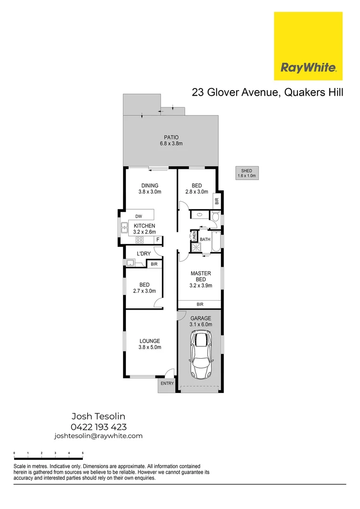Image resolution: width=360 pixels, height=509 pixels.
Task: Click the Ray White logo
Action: (x=308, y=46)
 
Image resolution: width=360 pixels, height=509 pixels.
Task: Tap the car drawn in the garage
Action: (x=201, y=354)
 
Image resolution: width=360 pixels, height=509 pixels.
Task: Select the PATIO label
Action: (x=171, y=137)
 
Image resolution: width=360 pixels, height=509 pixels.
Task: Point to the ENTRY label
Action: (x=167, y=383)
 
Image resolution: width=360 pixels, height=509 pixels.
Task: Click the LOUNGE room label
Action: (x=150, y=341)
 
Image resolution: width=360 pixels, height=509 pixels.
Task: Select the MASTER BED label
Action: (x=201, y=276)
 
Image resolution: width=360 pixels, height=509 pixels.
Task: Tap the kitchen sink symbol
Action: (x=124, y=228)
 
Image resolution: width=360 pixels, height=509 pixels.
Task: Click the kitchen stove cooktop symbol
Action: (x=139, y=240)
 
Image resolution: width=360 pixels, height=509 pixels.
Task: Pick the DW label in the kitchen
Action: (x=139, y=216)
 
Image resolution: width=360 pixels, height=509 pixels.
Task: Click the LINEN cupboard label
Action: (x=193, y=236)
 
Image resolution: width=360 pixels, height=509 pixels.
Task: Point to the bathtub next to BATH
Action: (x=216, y=241)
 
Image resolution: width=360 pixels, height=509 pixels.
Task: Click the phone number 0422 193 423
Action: (x=98, y=427)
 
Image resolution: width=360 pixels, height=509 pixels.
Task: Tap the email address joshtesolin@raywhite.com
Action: (x=98, y=436)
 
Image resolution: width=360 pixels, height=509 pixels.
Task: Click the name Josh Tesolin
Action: (x=98, y=416)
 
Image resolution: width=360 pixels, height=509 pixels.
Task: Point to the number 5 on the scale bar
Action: (x=83, y=453)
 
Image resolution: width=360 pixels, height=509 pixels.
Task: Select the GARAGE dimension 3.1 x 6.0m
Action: (x=201, y=324)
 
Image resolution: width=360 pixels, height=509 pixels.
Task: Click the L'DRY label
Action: (x=143, y=254)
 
